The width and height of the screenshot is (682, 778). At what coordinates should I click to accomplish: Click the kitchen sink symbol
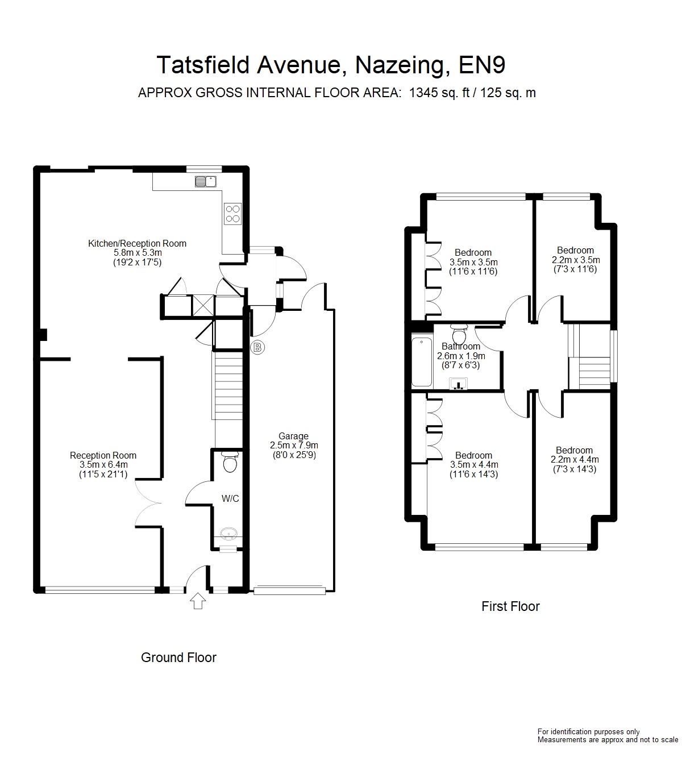coord(205,181)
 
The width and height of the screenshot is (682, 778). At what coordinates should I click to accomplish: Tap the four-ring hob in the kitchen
coord(232,214)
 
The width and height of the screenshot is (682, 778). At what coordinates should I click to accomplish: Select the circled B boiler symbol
coord(257,348)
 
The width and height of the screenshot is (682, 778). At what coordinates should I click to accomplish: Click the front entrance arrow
coord(198,601)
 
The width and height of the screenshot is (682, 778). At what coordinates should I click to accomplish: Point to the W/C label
coord(230,498)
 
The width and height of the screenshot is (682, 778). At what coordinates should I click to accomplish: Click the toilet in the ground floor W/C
coord(230,462)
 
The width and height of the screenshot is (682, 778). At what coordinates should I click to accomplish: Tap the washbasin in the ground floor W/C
coord(229,534)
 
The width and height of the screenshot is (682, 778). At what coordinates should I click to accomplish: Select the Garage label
coord(293,436)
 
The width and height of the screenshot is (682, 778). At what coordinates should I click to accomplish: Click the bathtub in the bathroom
coord(422,362)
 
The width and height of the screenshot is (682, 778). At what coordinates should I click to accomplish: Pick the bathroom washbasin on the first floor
coord(459,383)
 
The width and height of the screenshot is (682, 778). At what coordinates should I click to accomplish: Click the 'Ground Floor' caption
coord(178,658)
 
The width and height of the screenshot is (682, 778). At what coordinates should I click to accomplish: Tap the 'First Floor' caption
coord(510,606)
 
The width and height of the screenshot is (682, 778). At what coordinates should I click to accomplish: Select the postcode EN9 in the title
coord(482,65)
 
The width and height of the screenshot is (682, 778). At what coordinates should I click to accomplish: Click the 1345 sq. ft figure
coord(439,93)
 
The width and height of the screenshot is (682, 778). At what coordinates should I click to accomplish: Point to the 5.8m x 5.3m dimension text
coord(138,253)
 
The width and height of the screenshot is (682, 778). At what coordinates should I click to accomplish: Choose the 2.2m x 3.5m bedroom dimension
coord(576,260)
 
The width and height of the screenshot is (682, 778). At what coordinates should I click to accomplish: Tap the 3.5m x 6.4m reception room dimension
coord(103,465)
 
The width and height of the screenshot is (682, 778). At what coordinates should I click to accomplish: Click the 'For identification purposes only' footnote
coord(588,732)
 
